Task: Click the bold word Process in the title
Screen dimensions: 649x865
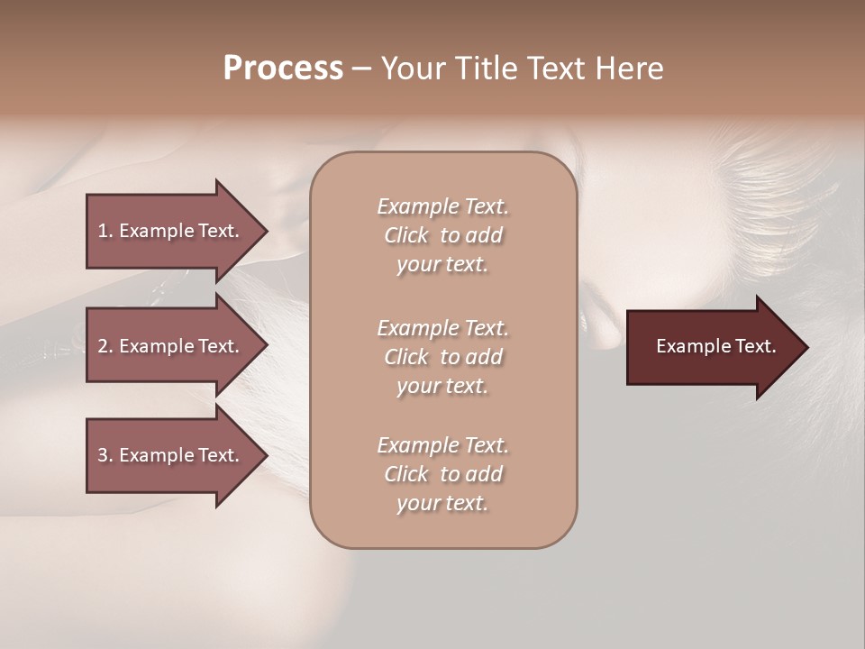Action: [283, 69]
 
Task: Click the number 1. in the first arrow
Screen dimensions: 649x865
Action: [105, 231]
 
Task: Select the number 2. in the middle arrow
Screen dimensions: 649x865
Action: [105, 346]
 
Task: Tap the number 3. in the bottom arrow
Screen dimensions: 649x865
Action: [105, 455]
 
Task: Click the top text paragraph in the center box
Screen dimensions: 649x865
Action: [442, 235]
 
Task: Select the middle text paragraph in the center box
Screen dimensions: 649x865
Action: [442, 357]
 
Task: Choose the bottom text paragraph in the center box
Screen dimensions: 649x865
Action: [442, 474]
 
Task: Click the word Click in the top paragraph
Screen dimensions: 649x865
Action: [405, 235]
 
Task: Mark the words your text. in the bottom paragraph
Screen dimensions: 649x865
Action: [442, 503]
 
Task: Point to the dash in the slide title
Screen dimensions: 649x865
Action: [361, 69]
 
